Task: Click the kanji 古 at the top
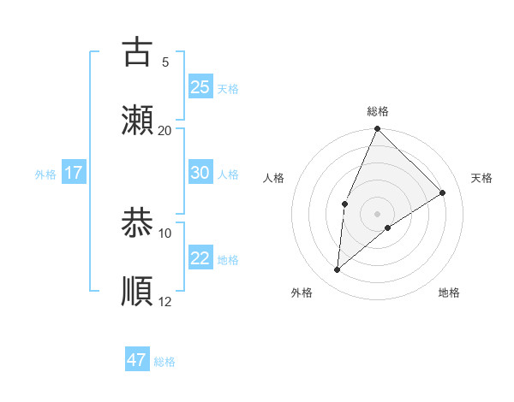137,52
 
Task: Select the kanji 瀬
137,121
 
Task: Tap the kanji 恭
137,223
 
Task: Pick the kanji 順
137,292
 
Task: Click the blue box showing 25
200,86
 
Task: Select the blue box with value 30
200,172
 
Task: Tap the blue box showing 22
200,257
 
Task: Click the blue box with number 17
74,172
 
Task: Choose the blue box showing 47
137,360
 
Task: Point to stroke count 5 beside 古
165,62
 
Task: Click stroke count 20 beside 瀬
165,131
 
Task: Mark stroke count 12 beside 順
165,302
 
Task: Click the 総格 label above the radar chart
378,112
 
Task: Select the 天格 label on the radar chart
481,178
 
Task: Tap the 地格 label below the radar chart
449,293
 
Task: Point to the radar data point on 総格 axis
378,129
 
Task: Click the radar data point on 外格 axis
338,270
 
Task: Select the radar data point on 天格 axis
443,193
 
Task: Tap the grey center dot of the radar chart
378,213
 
